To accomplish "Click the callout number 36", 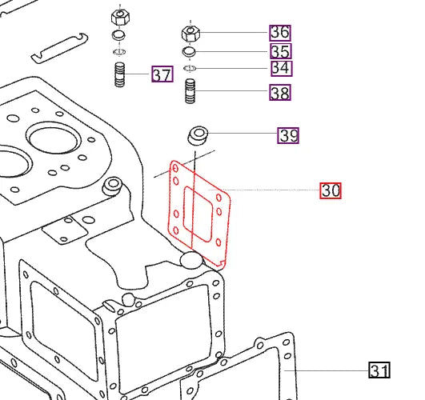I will click(x=279, y=33).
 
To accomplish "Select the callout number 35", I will click(x=279, y=51).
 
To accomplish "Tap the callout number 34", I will click(x=279, y=69).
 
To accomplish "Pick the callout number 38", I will click(x=279, y=93).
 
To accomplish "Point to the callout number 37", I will click(x=162, y=75).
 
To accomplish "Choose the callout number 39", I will click(x=288, y=135).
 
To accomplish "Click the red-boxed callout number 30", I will click(x=331, y=190).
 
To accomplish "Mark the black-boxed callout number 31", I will click(x=379, y=370).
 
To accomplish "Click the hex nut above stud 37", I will click(x=120, y=17).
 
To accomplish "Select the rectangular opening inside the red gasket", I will click(x=197, y=214).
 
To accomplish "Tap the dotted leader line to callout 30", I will click(x=272, y=190).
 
